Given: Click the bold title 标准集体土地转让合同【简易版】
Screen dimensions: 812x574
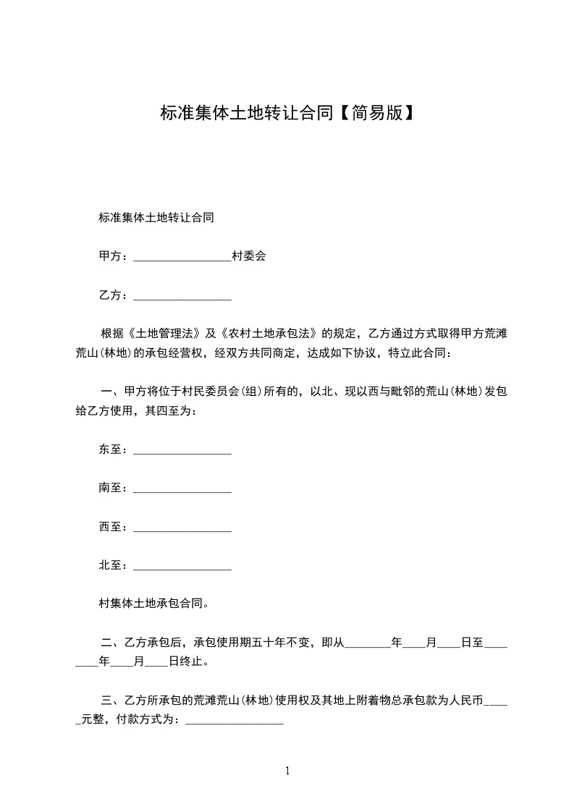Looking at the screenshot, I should [287, 114].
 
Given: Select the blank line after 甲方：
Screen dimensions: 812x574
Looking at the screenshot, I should [182, 258].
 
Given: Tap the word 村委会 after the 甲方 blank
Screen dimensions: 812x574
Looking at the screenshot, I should [248, 256].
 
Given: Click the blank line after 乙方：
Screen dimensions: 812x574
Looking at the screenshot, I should [182, 297].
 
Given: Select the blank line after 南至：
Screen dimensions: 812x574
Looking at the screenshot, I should [182, 490].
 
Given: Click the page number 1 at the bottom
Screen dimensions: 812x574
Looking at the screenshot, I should [287, 771].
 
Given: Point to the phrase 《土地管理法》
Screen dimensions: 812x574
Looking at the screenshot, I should [164, 334].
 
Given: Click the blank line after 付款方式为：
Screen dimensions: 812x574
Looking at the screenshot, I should [235, 722].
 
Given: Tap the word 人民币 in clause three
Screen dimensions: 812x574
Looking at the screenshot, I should [465, 701].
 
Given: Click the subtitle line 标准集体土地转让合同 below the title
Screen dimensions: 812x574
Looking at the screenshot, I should [156, 217].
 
